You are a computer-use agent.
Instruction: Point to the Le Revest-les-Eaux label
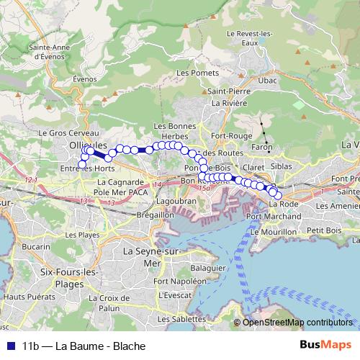click(x=249, y=37)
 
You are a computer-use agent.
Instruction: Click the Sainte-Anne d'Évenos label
click(x=48, y=52)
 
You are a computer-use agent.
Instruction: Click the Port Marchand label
click(x=274, y=216)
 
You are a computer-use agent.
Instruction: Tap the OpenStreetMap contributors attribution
click(x=297, y=322)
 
